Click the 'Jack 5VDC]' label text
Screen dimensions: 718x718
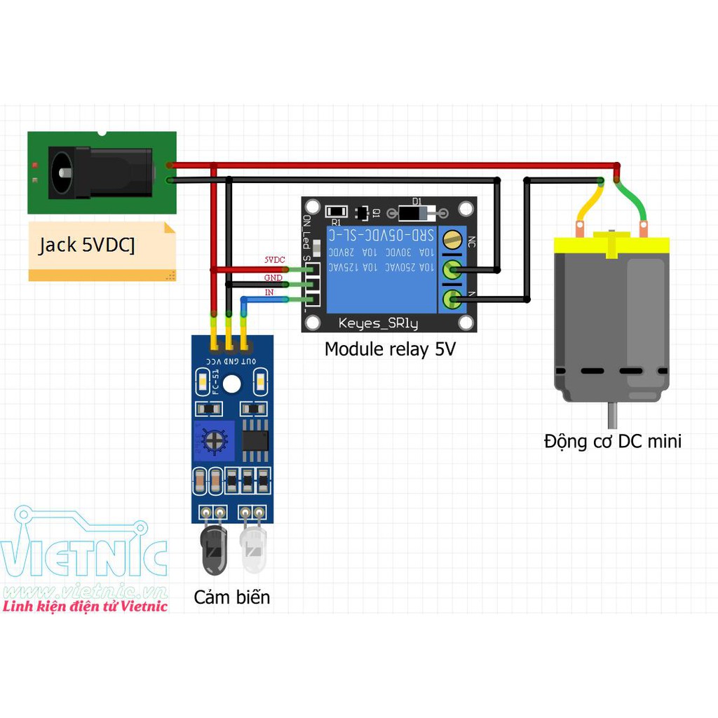87,245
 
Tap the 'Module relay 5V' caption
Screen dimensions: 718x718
390,348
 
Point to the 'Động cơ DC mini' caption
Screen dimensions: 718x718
612,441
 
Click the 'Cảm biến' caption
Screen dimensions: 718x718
231,597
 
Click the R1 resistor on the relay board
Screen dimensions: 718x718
337,211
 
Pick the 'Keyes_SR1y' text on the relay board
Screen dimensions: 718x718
378,323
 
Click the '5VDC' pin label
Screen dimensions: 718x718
274,260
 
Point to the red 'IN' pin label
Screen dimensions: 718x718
269,292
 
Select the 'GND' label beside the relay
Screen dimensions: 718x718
273,278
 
